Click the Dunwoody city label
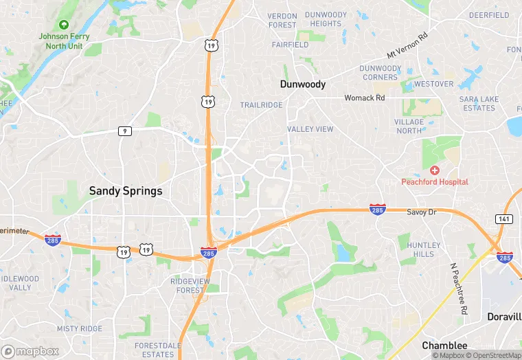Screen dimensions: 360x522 click(303, 84)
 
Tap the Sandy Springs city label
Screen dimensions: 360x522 click(126, 191)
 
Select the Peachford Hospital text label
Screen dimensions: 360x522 click(435, 182)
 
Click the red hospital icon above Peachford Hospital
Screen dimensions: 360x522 click(434, 170)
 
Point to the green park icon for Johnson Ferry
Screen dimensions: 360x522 click(64, 25)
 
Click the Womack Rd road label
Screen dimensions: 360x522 click(365, 98)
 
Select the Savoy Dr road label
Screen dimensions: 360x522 click(421, 212)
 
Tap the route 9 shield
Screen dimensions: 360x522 click(124, 131)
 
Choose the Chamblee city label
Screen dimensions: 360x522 click(444, 346)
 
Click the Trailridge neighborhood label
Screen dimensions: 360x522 click(261, 105)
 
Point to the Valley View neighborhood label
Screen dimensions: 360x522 click(310, 129)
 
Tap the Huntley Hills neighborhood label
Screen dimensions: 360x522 click(424, 249)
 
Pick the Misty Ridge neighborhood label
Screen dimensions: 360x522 click(80, 329)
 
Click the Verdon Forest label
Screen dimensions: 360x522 click(282, 21)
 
